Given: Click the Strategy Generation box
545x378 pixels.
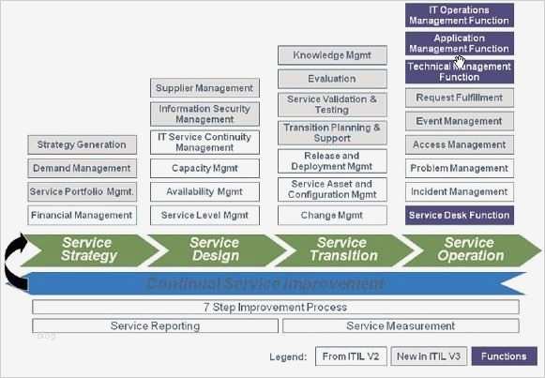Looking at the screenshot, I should click(82, 144).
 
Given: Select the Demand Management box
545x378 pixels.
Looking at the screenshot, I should click(82, 169).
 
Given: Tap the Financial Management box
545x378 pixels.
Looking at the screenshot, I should click(82, 215).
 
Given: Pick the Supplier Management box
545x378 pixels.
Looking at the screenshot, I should click(204, 88).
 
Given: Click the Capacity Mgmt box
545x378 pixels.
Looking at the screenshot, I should click(204, 168).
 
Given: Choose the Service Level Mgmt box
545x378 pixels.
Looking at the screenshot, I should click(204, 215).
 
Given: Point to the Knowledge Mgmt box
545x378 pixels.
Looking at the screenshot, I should click(332, 55).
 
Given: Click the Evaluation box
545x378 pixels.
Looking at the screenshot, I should click(332, 80).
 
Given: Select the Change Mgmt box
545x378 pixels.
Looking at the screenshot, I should click(332, 215).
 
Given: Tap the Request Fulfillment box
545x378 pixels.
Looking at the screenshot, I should click(460, 98).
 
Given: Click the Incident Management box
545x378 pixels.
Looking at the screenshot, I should click(460, 191).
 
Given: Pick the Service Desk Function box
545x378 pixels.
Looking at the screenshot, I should click(460, 215).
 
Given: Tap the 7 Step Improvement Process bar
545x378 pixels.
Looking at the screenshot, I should click(276, 307).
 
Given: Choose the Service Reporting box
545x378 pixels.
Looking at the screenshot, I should click(155, 325).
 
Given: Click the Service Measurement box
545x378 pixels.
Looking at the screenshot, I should click(401, 325).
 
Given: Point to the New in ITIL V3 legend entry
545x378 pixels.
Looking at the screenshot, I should click(428, 356).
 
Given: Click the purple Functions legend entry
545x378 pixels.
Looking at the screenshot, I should click(505, 356).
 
